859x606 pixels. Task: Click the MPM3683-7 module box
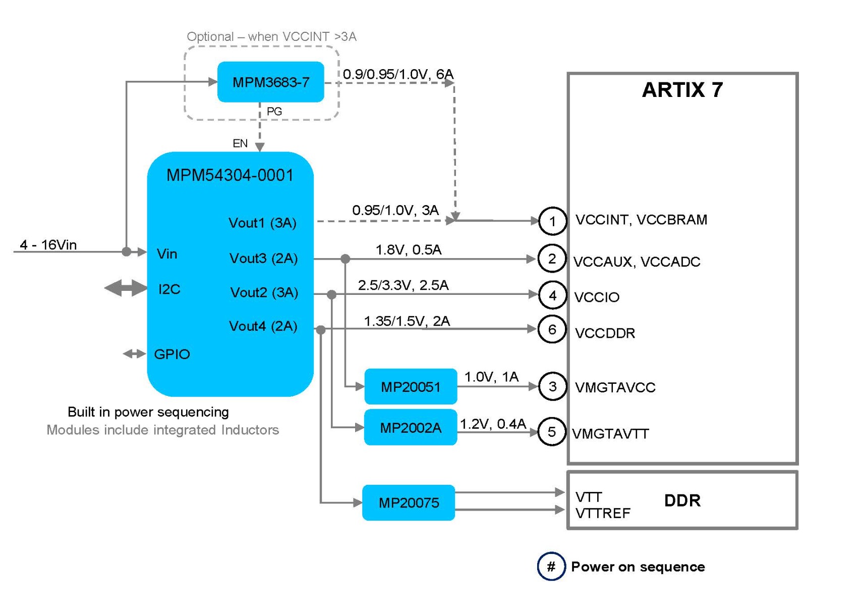click(x=270, y=82)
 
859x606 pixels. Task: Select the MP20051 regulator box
click(x=411, y=387)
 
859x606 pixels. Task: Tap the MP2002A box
click(x=411, y=428)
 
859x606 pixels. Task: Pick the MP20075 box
click(x=409, y=502)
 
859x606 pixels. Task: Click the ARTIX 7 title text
click(x=682, y=90)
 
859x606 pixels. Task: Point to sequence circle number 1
click(x=552, y=221)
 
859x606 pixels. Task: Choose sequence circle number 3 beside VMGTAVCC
click(x=552, y=387)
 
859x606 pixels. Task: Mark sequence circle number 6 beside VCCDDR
click(x=552, y=330)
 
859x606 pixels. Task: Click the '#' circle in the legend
click(x=551, y=567)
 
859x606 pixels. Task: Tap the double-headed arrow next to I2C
click(x=126, y=288)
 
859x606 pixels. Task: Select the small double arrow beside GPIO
click(x=134, y=354)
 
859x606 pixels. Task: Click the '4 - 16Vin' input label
click(x=48, y=245)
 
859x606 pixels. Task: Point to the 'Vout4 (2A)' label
click(x=263, y=326)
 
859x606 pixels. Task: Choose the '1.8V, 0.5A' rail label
click(x=408, y=250)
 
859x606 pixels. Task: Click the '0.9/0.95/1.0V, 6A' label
click(x=398, y=74)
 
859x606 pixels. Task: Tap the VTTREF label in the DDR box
click(x=603, y=514)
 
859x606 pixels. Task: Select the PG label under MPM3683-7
click(x=274, y=112)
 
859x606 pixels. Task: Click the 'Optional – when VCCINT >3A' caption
click(x=271, y=37)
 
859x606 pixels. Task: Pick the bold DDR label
click(x=682, y=500)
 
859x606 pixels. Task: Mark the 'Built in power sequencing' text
click(x=148, y=412)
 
